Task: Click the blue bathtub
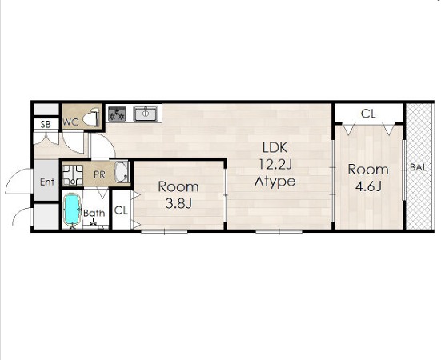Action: coord(72,210)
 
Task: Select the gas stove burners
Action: coord(117,114)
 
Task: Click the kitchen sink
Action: coord(146,114)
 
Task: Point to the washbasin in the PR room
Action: coord(122,172)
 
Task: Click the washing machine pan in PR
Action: coord(73,175)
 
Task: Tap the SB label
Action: coord(46,124)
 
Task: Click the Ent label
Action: coord(47,182)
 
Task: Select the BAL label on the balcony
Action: coord(419,167)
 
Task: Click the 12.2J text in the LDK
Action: coord(275,164)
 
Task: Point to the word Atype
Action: coord(275,182)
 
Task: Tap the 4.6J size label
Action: coord(368,186)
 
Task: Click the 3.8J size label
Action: coord(178,203)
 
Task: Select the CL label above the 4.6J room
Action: coord(368,114)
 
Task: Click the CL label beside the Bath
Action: coord(122,210)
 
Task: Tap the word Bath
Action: coord(94,213)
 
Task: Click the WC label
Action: coord(71,122)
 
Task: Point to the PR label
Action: coord(99,174)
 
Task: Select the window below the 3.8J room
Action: coord(164,231)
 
